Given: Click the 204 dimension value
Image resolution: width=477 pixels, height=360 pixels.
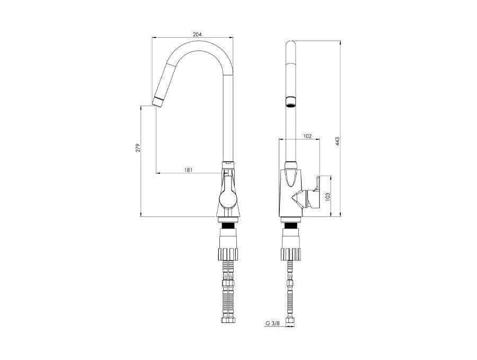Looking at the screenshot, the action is pyautogui.click(x=197, y=34).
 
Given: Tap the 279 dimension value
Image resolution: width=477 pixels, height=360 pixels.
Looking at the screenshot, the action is pyautogui.click(x=138, y=147).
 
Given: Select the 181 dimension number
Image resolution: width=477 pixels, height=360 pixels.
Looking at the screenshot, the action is pyautogui.click(x=189, y=170).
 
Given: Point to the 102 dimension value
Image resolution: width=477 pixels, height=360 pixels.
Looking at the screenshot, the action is pyautogui.click(x=307, y=136).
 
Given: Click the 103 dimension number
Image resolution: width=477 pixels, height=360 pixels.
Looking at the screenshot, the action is pyautogui.click(x=328, y=197).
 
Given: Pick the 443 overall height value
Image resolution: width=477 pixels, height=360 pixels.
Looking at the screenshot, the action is pyautogui.click(x=337, y=142).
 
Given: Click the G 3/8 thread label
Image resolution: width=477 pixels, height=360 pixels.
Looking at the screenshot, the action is pyautogui.click(x=272, y=323).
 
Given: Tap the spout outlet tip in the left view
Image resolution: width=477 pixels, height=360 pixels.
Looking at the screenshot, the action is pyautogui.click(x=157, y=102).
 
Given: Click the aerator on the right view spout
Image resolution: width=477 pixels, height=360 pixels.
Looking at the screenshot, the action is pyautogui.click(x=291, y=102).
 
